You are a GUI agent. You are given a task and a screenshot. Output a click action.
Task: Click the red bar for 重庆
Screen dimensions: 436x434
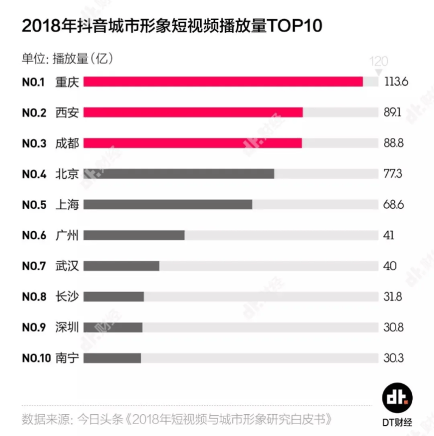pyautogui.click(x=223, y=81)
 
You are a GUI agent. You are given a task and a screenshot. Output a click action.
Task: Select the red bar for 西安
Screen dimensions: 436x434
pyautogui.click(x=193, y=112)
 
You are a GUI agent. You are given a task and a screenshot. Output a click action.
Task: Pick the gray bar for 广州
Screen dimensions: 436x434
pyautogui.click(x=134, y=235)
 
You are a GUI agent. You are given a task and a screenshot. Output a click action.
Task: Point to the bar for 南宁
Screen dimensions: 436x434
pyautogui.click(x=112, y=358)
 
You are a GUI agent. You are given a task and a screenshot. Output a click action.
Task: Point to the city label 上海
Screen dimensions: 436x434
pyautogui.click(x=67, y=204)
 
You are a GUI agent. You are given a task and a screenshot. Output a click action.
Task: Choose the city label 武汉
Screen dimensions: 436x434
pyautogui.click(x=67, y=266)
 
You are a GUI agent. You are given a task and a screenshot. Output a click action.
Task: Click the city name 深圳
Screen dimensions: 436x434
pyautogui.click(x=67, y=327)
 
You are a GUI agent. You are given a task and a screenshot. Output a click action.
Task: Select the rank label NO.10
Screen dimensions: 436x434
pyautogui.click(x=36, y=358)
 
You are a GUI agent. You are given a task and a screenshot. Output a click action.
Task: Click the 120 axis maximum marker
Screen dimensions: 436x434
pyautogui.click(x=379, y=61)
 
